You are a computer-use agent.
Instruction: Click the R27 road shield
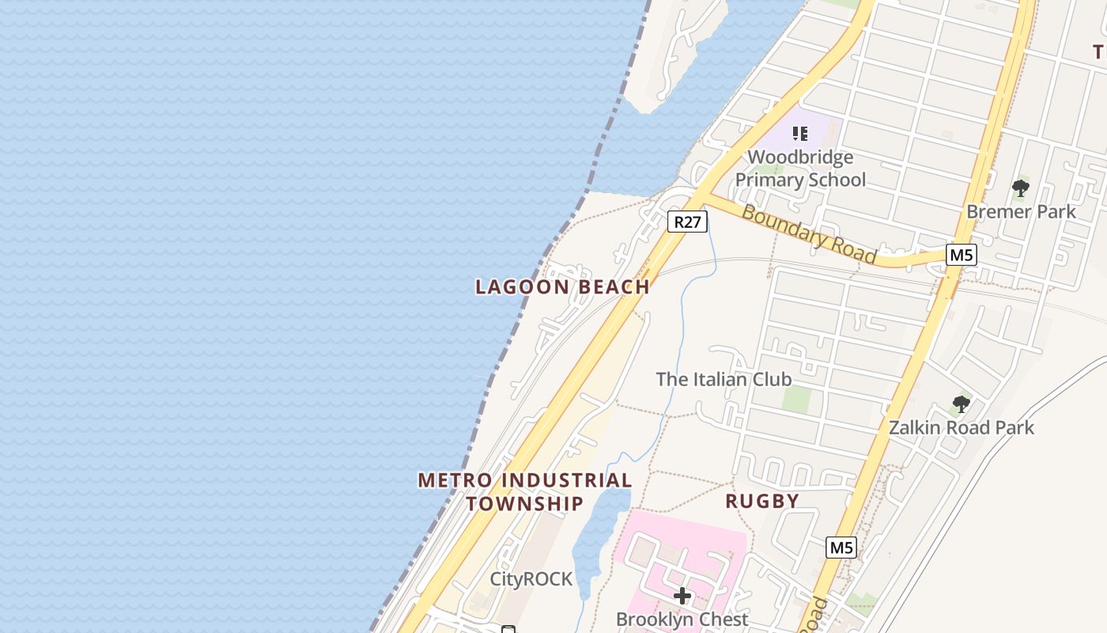coord(687,222)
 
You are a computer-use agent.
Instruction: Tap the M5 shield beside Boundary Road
coord(962,255)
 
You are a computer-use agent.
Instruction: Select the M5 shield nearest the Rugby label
coord(842,547)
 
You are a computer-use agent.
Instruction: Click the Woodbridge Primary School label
coord(800,169)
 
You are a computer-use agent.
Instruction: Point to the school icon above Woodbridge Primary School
coord(800,133)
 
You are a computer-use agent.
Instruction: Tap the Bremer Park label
coord(1021,211)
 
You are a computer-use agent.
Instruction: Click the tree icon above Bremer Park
coord(1021,188)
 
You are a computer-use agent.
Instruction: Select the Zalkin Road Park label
coord(961,428)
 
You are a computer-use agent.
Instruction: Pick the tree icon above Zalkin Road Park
coord(961,404)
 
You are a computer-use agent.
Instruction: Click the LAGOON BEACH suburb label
coord(562,286)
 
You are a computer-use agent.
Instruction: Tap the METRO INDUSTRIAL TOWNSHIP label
coord(525,491)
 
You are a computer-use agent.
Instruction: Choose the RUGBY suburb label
coord(762,501)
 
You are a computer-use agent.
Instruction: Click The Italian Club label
coord(724,379)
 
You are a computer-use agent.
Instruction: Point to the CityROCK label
coord(531,579)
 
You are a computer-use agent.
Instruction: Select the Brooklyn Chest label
coord(682,619)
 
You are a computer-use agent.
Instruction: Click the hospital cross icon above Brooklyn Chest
coord(682,595)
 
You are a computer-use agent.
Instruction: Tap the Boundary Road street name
coord(808,235)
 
